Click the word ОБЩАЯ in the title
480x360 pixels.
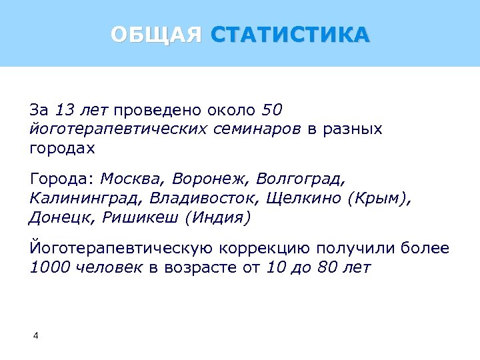pyautogui.click(x=156, y=34)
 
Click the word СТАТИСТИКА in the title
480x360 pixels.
pyautogui.click(x=289, y=34)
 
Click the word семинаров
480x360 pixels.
pyautogui.click(x=261, y=129)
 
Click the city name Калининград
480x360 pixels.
pyautogui.click(x=87, y=199)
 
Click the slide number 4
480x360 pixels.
pyautogui.click(x=35, y=335)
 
